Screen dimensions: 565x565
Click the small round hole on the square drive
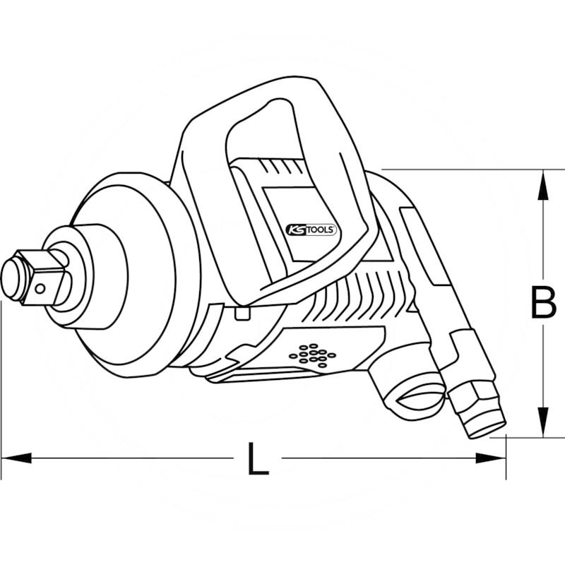pyautogui.click(x=42, y=286)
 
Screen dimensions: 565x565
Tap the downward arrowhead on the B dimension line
pyautogui.click(x=542, y=425)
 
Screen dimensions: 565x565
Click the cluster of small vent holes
pyautogui.click(x=313, y=355)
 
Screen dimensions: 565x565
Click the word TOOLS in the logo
pyautogui.click(x=321, y=228)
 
